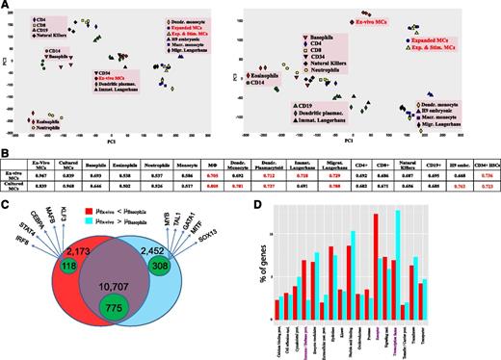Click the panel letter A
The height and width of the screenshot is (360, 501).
point(5,6)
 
